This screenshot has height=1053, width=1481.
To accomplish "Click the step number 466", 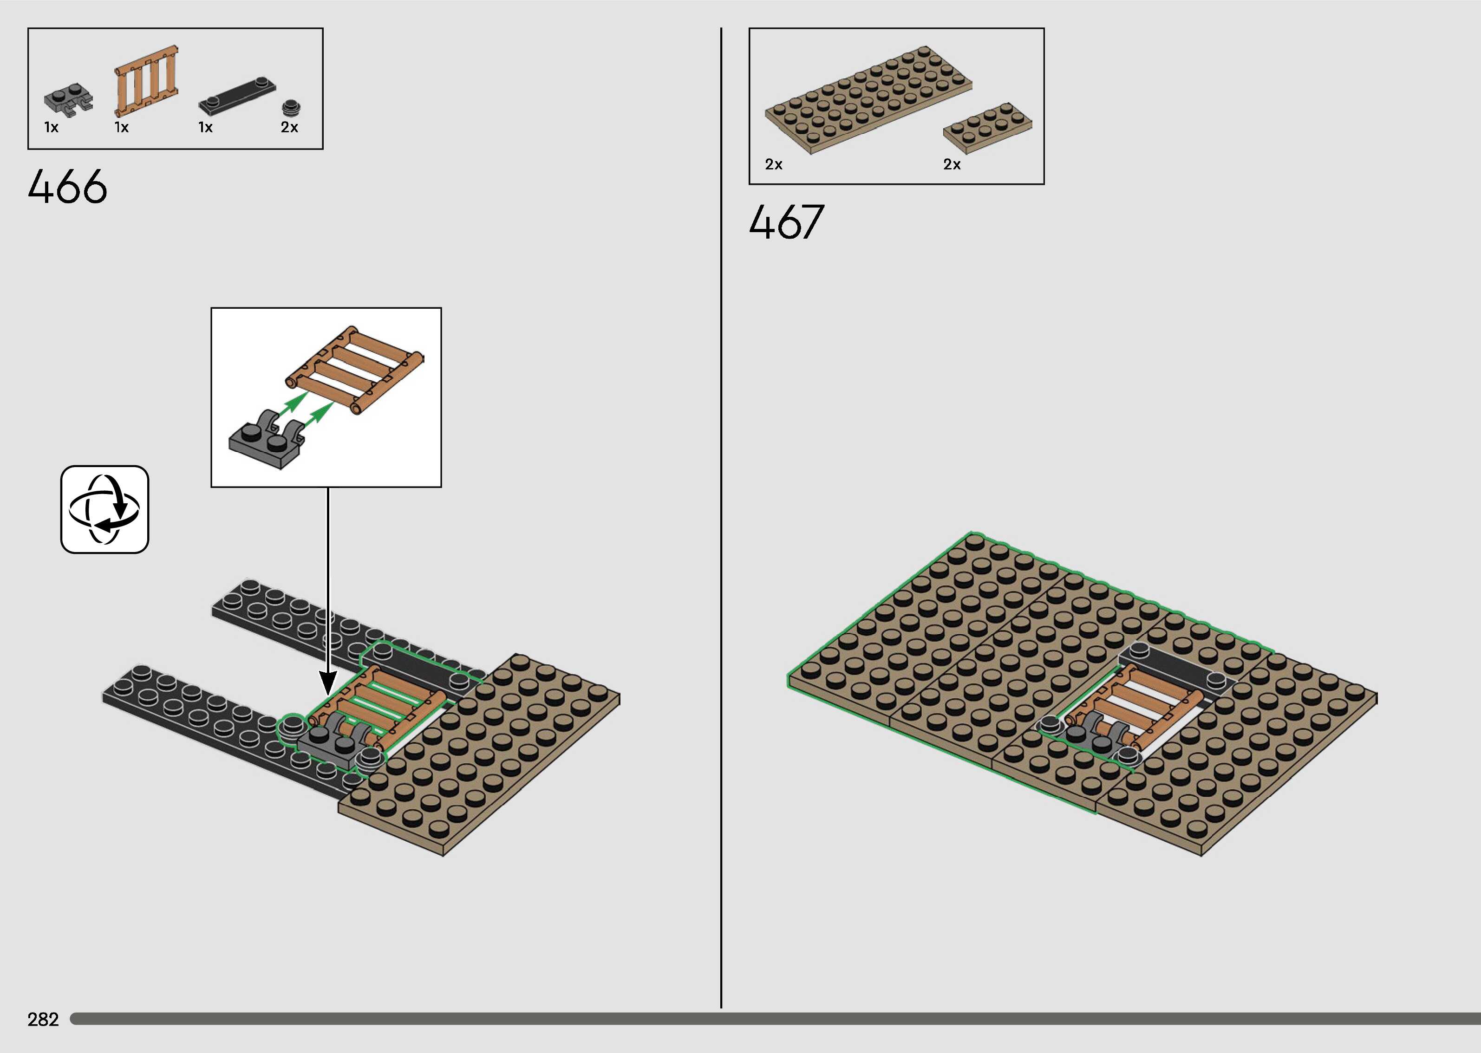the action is (67, 187).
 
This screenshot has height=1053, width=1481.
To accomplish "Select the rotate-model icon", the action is (104, 510).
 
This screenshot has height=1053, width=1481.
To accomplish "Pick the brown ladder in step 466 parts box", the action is (147, 80).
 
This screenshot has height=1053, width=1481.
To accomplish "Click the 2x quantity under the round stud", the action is (289, 127).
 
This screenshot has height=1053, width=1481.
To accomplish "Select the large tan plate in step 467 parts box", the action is (869, 99).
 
